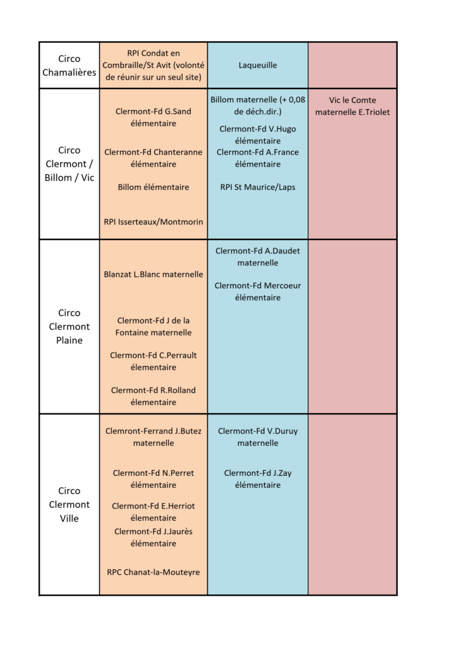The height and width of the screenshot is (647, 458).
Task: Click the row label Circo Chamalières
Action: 69,65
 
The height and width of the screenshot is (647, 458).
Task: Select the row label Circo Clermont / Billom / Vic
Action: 69,164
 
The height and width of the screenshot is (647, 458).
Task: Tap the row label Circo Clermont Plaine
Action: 69,327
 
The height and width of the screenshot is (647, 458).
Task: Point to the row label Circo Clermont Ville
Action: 69,504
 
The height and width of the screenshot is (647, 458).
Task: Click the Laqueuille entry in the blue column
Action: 258,65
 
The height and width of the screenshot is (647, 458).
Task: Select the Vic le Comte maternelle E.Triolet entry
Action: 353,106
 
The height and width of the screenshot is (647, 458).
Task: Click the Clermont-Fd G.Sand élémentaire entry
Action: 154,117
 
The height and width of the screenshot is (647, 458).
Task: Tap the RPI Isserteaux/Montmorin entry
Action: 154,222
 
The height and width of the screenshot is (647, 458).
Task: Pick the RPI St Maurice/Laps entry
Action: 258,187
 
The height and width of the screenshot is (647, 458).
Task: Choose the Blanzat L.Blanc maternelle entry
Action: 154,274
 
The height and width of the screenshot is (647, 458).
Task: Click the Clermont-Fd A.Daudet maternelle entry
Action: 258,257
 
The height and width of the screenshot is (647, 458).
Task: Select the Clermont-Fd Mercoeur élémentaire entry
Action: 258,291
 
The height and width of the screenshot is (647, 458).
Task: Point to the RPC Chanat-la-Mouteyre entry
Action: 154,572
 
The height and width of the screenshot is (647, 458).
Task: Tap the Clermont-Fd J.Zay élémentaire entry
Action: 258,479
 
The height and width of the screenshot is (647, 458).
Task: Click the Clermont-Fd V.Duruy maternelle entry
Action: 258,437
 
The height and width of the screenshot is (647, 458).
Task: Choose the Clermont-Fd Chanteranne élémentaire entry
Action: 154,158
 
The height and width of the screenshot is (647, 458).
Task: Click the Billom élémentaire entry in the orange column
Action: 154,187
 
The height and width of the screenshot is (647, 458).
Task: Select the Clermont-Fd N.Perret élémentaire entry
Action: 154,479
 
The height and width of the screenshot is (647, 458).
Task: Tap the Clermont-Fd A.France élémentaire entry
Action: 258,158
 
